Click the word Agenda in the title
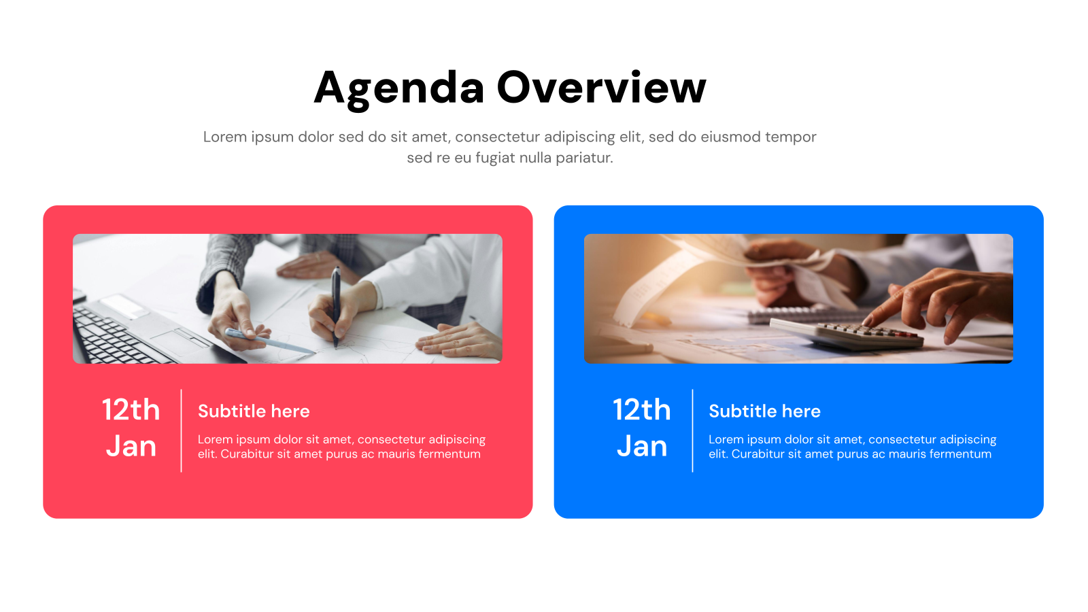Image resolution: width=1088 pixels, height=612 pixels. (x=399, y=88)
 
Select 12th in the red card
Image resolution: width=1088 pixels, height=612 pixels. (x=131, y=409)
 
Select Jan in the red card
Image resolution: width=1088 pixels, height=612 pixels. (x=131, y=446)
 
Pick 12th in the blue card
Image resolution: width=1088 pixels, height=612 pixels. (x=641, y=409)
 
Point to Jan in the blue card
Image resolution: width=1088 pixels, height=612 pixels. (x=641, y=446)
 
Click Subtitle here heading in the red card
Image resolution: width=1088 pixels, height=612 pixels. (x=254, y=411)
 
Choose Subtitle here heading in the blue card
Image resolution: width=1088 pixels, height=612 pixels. (x=764, y=411)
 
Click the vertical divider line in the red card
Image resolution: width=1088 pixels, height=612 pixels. (x=182, y=430)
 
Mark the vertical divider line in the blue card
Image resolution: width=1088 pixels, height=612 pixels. (x=692, y=430)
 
